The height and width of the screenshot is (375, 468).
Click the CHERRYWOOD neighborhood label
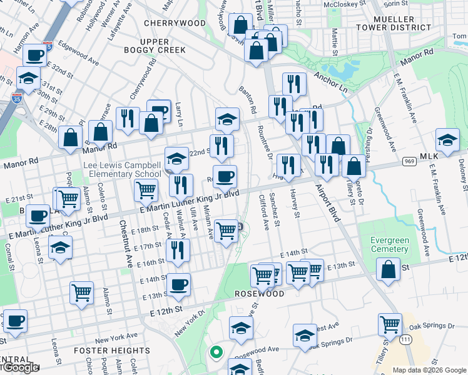point(175,23)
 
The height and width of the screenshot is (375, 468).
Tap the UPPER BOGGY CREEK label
point(163,45)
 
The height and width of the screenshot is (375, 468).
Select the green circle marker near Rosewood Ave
point(216,352)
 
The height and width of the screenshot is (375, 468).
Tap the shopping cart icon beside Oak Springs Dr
point(390,324)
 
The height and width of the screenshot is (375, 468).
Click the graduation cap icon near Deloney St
point(447,140)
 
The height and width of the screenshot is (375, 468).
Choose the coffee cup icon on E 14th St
point(179,284)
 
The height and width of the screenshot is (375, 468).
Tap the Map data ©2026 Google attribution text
point(429,370)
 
